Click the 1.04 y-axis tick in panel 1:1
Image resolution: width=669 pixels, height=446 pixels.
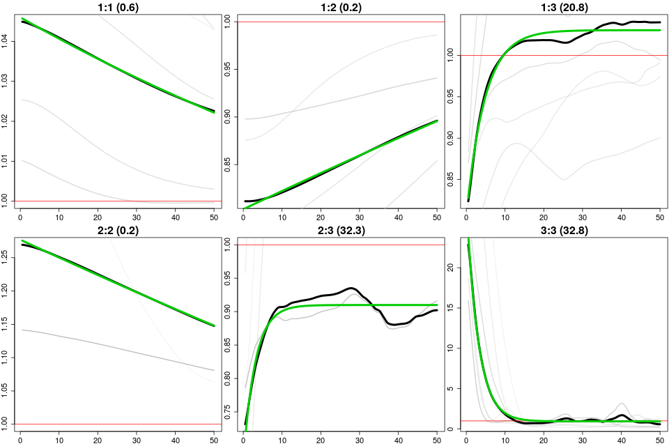(6, 41)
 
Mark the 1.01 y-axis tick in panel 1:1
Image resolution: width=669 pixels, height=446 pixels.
(6, 161)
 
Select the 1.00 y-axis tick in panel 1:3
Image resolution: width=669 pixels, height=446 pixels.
(452, 55)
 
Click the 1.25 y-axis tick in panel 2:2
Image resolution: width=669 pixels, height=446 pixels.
(6, 258)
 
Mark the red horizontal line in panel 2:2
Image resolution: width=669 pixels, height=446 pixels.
(117, 424)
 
